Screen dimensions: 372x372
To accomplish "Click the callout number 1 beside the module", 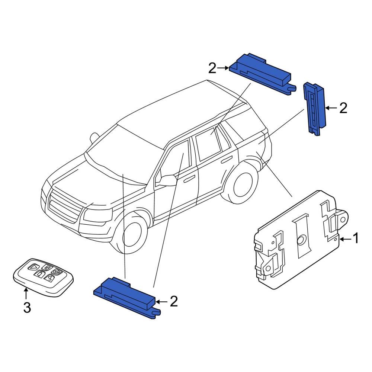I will pos(356,238).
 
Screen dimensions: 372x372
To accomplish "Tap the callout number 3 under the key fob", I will pos(27,308).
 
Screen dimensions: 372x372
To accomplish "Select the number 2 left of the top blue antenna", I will pos(212,68).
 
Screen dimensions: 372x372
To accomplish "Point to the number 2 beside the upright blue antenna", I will pos(343,108).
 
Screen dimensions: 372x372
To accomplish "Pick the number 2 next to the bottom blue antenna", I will pos(174,302).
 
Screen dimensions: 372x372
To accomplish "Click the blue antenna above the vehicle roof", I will pos(260,73).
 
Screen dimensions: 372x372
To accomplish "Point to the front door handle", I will pos(189,179).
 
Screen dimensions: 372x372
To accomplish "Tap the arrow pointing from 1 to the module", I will pos(345,239).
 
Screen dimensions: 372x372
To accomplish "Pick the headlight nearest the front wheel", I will pos(97,215).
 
